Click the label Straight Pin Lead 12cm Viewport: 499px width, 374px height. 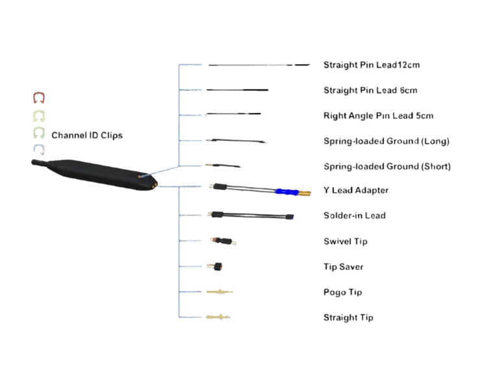tap(372, 65)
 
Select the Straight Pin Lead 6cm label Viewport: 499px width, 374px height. tap(371, 90)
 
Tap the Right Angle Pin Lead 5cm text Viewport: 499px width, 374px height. tap(379, 116)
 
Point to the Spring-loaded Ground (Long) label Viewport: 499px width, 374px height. tap(386, 141)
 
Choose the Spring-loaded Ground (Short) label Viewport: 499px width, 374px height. tap(387, 166)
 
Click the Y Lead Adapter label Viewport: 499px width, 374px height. tap(356, 191)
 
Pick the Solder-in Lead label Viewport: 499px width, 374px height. tap(354, 216)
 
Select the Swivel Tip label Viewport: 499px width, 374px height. tap(346, 242)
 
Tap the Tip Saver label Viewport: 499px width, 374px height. tap(343, 267)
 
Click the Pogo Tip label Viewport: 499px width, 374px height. tap(342, 292)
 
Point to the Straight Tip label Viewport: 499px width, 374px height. tap(348, 318)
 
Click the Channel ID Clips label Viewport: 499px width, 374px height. tap(87, 135)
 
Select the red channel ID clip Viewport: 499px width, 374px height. tap(38, 97)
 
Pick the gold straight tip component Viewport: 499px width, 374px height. tap(218, 318)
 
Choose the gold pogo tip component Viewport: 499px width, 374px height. tap(220, 292)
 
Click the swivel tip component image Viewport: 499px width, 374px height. tap(223, 241)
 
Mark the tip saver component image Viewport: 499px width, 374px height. tap(216, 266)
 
